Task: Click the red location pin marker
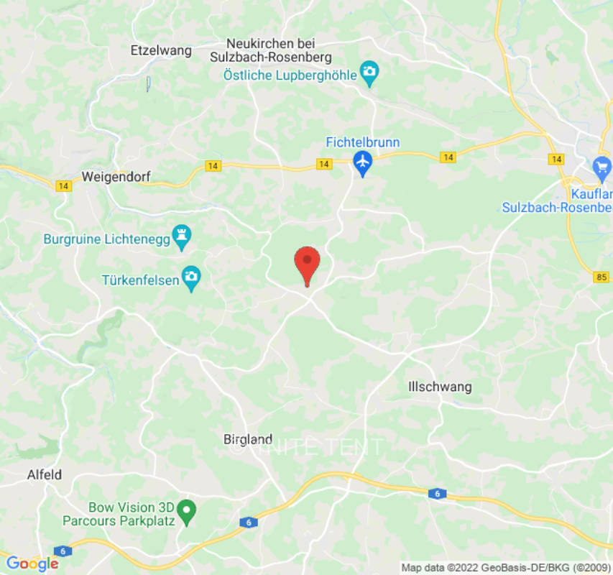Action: [308, 264]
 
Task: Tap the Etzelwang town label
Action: [161, 50]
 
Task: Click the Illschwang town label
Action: [440, 387]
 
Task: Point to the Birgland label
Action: [248, 439]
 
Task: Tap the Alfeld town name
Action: [44, 474]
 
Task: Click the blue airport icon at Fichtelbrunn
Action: [363, 162]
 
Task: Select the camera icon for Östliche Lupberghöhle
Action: [369, 71]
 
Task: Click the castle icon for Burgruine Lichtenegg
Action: [183, 238]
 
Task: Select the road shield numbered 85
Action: [602, 277]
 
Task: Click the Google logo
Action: [32, 563]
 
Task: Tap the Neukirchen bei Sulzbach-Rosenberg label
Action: [270, 50]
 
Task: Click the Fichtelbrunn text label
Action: [363, 142]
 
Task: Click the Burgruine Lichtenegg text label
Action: [108, 239]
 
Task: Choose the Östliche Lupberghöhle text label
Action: [291, 74]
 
